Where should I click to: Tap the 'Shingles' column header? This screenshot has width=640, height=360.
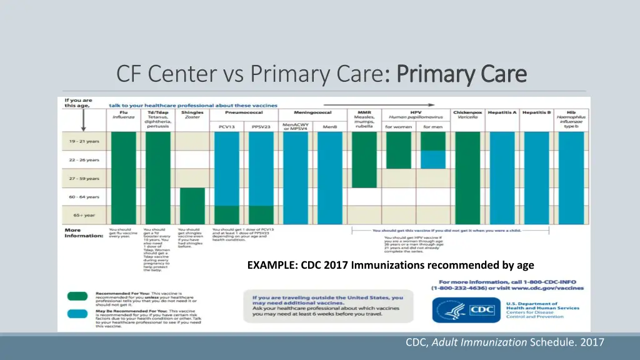(192, 116)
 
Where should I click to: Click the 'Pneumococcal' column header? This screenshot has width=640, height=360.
(244, 112)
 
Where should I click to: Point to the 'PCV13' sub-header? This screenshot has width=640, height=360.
(226, 127)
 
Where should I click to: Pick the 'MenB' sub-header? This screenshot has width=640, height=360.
(329, 127)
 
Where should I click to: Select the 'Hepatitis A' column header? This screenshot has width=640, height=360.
(502, 112)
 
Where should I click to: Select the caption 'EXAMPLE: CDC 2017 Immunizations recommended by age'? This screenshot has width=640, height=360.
(391, 265)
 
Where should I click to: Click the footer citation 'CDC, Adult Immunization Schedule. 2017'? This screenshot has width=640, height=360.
(505, 341)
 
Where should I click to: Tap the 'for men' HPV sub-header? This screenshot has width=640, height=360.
(432, 127)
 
